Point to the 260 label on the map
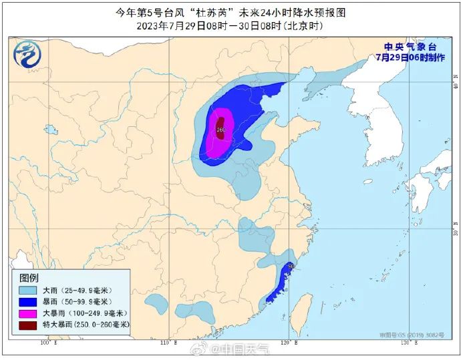point(221,129)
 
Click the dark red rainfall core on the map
point(220,128)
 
